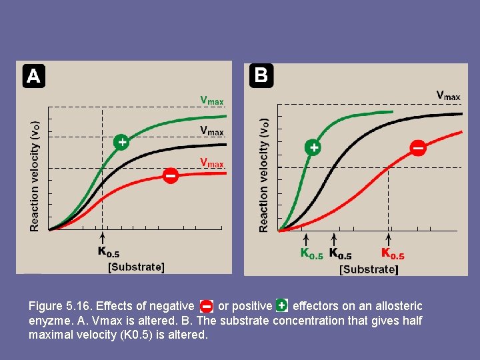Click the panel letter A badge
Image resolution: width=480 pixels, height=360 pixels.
click(33, 76)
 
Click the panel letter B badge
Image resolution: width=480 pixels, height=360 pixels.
click(261, 75)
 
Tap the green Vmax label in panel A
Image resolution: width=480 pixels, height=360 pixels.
click(212, 101)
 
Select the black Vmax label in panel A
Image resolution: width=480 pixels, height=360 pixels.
click(212, 131)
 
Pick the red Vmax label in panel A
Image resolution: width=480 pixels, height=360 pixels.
click(212, 163)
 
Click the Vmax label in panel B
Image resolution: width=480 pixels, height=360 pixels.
click(448, 96)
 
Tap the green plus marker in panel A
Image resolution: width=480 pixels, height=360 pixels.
click(121, 141)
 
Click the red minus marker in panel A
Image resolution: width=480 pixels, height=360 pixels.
click(170, 176)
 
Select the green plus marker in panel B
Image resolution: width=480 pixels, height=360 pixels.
click(313, 147)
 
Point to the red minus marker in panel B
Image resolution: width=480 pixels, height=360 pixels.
click(418, 147)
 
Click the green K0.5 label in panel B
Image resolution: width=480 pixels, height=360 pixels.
click(311, 254)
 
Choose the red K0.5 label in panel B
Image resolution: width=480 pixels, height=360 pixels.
click(393, 254)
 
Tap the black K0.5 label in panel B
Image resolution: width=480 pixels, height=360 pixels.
click(340, 254)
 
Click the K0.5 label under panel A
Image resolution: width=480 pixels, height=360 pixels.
click(109, 252)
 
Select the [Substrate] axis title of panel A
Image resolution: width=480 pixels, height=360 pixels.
click(136, 267)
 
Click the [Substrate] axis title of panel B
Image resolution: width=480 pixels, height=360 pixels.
click(369, 269)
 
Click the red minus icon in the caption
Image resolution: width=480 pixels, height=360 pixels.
click(206, 306)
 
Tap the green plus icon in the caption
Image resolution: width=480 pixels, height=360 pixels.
click(281, 305)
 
